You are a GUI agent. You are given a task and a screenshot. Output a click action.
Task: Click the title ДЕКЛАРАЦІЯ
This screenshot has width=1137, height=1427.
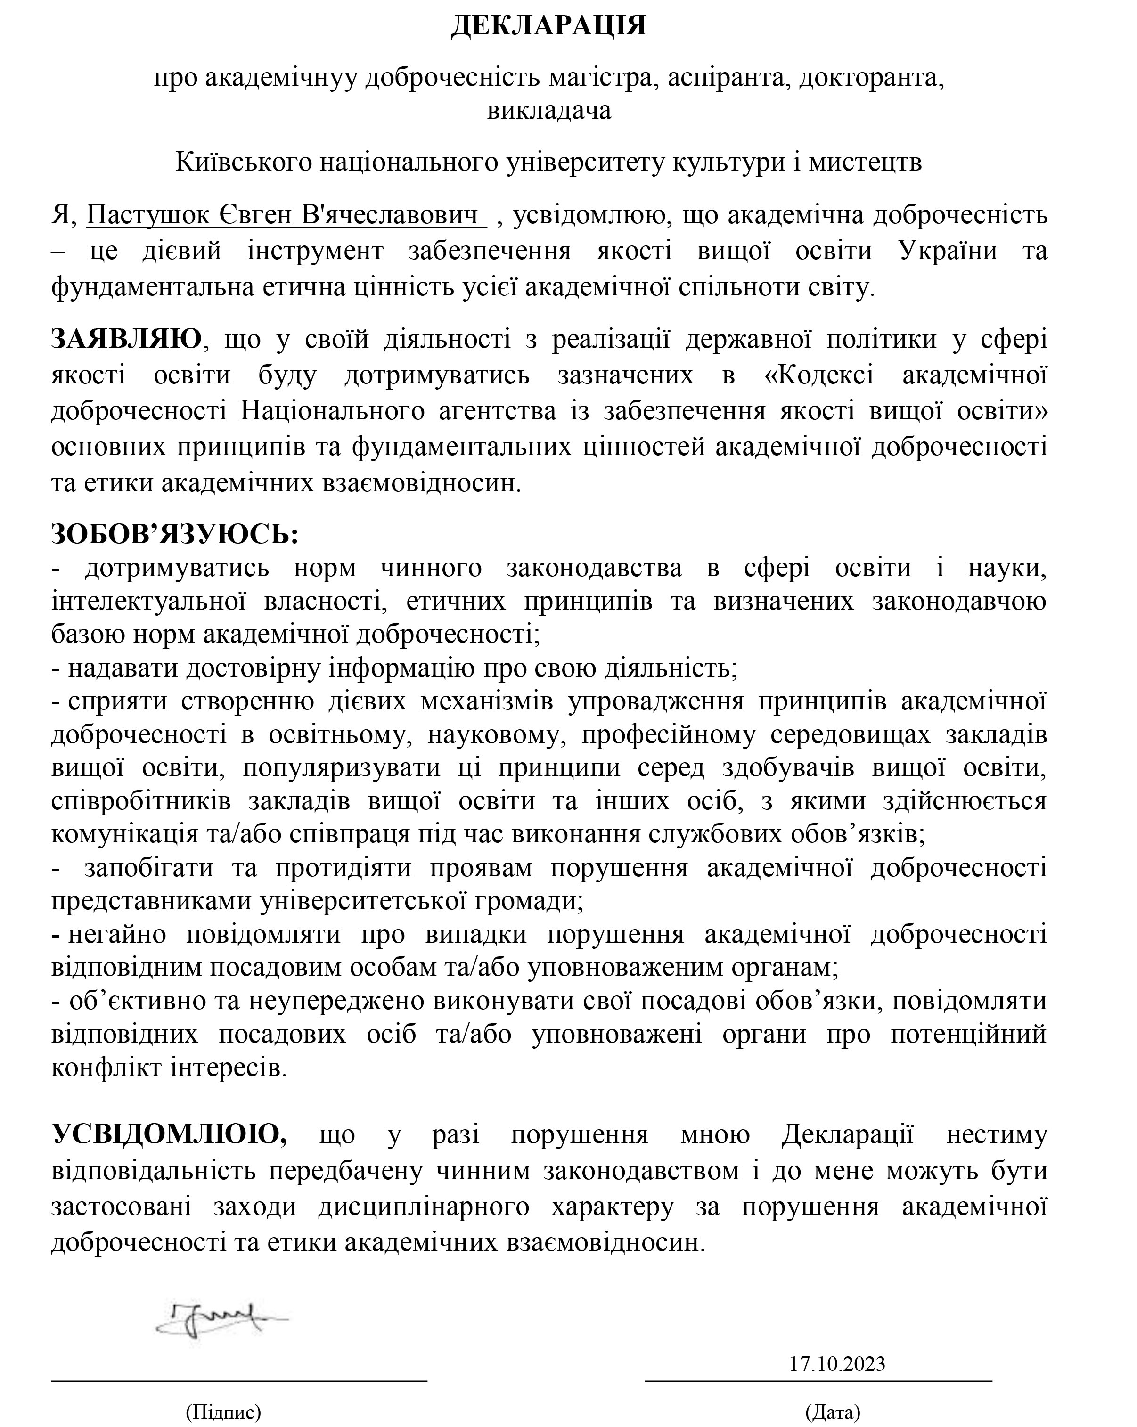[x=548, y=26]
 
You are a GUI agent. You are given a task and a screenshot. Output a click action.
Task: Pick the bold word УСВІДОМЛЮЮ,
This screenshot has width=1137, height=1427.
[x=170, y=1134]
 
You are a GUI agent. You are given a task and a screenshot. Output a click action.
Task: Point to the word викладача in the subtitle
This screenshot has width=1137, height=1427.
[x=548, y=110]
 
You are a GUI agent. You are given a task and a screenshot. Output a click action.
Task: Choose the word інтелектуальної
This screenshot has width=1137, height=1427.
[x=149, y=602]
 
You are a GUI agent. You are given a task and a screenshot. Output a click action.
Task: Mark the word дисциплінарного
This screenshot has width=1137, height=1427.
[x=424, y=1207]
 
